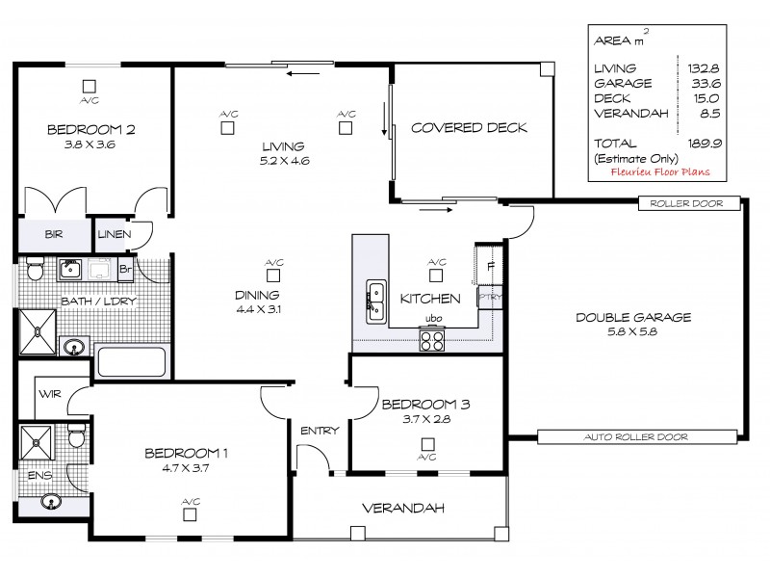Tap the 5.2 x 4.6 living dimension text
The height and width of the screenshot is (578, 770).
[283, 162]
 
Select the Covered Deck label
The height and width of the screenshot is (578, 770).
[469, 128]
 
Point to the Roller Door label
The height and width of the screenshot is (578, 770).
[688, 203]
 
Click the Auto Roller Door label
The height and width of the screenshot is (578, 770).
[636, 437]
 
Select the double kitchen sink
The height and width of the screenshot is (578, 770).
[375, 301]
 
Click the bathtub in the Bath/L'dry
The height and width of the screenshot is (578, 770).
[132, 361]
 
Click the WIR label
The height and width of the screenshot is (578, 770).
[49, 394]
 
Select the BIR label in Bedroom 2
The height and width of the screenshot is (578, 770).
[53, 233]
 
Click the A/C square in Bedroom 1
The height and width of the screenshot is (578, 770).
[191, 514]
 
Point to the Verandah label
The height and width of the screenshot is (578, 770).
[394, 508]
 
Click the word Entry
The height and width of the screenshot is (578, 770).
[320, 431]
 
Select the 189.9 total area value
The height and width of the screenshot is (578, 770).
[706, 143]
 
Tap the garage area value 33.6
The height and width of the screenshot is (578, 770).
[706, 83]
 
